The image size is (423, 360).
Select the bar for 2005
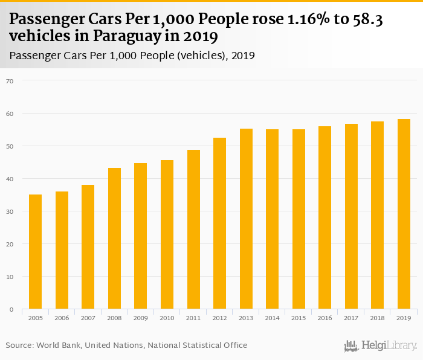[x=35, y=252]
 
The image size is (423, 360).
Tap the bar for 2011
[x=193, y=230]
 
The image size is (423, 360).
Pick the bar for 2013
[x=246, y=219]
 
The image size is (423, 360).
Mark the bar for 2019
[x=404, y=214]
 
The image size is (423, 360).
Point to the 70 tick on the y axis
[x=9, y=80]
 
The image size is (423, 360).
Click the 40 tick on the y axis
[x=9, y=179]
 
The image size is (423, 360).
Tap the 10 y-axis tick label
[x=9, y=277]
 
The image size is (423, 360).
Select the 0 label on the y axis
[x=11, y=309]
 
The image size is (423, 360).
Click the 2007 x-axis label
[x=88, y=318]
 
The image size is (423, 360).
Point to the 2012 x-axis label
[x=219, y=318]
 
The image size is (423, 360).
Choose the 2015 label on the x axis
[x=299, y=318]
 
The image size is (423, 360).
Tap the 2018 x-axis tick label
[x=377, y=318]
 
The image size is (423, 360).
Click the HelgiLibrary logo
[x=380, y=346]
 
